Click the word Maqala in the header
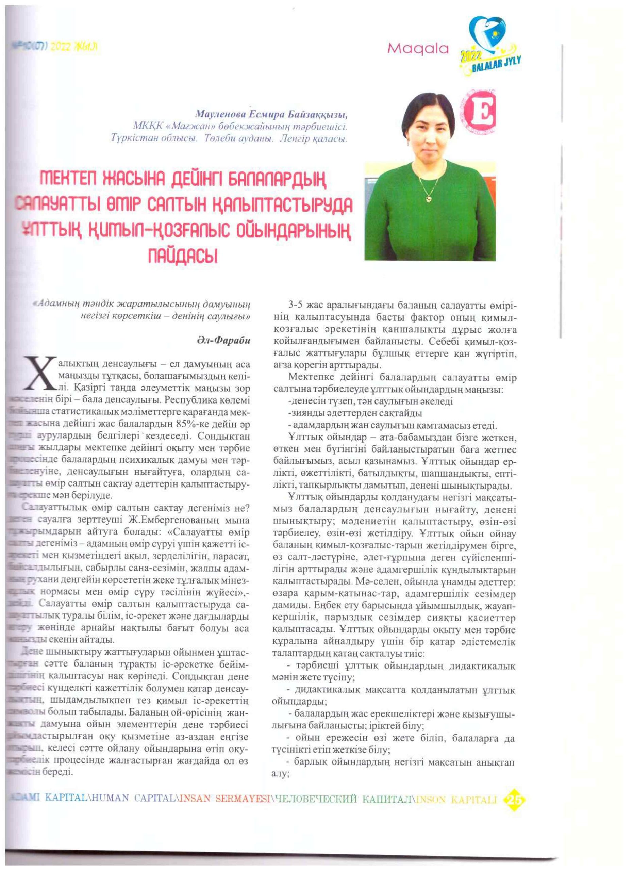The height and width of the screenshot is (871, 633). (x=418, y=48)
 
